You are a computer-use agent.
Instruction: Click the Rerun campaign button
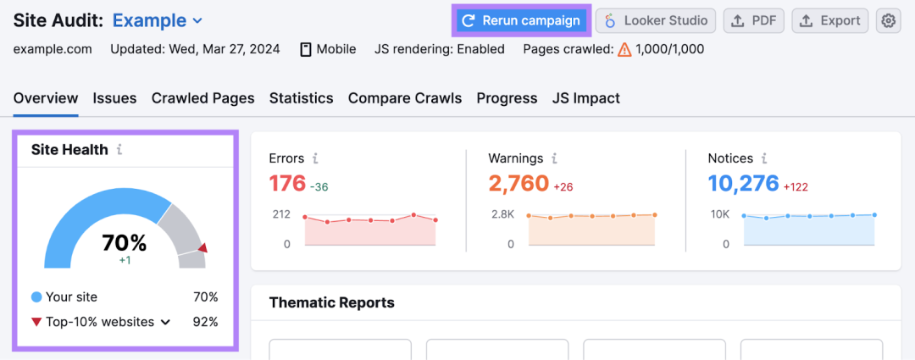coord(522,21)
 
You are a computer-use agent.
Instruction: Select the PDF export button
coord(753,21)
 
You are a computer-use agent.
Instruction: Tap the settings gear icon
coord(888,21)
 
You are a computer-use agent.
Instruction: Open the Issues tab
coord(114,98)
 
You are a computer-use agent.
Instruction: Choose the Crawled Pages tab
coord(203,98)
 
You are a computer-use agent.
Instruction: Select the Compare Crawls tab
coord(405,98)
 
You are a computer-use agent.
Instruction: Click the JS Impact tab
coord(586,98)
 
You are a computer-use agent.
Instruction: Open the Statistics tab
coord(301,98)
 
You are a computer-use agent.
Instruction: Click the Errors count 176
coord(287,183)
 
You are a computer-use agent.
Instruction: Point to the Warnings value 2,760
coord(518,183)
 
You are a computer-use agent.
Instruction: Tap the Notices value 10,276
coord(744,183)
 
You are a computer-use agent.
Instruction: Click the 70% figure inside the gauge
coord(125,242)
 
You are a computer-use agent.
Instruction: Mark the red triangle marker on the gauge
coord(202,248)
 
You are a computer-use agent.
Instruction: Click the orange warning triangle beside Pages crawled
coord(624,50)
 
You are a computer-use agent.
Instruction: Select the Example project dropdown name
coord(149,21)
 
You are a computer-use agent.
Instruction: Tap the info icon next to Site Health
coord(119,150)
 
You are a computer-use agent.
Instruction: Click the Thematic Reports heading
coord(331,302)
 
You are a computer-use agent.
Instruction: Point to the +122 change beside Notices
coord(796,186)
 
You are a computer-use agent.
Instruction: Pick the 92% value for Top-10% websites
coord(205,322)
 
